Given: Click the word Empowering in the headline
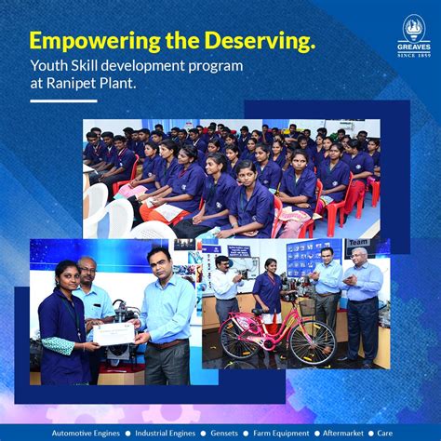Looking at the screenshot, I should pyautogui.click(x=87, y=41).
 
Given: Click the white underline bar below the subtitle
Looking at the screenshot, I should pyautogui.click(x=62, y=100).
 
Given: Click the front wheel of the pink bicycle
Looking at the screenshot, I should pyautogui.click(x=312, y=342).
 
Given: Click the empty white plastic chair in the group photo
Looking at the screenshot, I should pyautogui.click(x=97, y=205).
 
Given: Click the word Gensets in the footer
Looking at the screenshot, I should pyautogui.click(x=224, y=433).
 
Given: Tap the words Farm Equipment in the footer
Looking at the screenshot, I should pyautogui.click(x=287, y=433).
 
